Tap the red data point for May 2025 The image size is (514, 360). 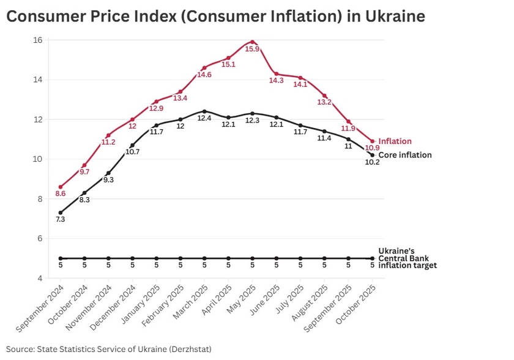253,42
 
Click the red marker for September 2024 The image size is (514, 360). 60,187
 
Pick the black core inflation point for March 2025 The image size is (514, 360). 204,111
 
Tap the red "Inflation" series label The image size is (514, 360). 395,141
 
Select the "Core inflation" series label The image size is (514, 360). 405,156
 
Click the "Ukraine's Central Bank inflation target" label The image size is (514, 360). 408,258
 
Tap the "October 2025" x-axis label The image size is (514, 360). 355,306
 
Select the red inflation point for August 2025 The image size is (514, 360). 324,96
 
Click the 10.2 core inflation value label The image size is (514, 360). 372,163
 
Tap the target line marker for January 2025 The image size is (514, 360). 156,258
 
